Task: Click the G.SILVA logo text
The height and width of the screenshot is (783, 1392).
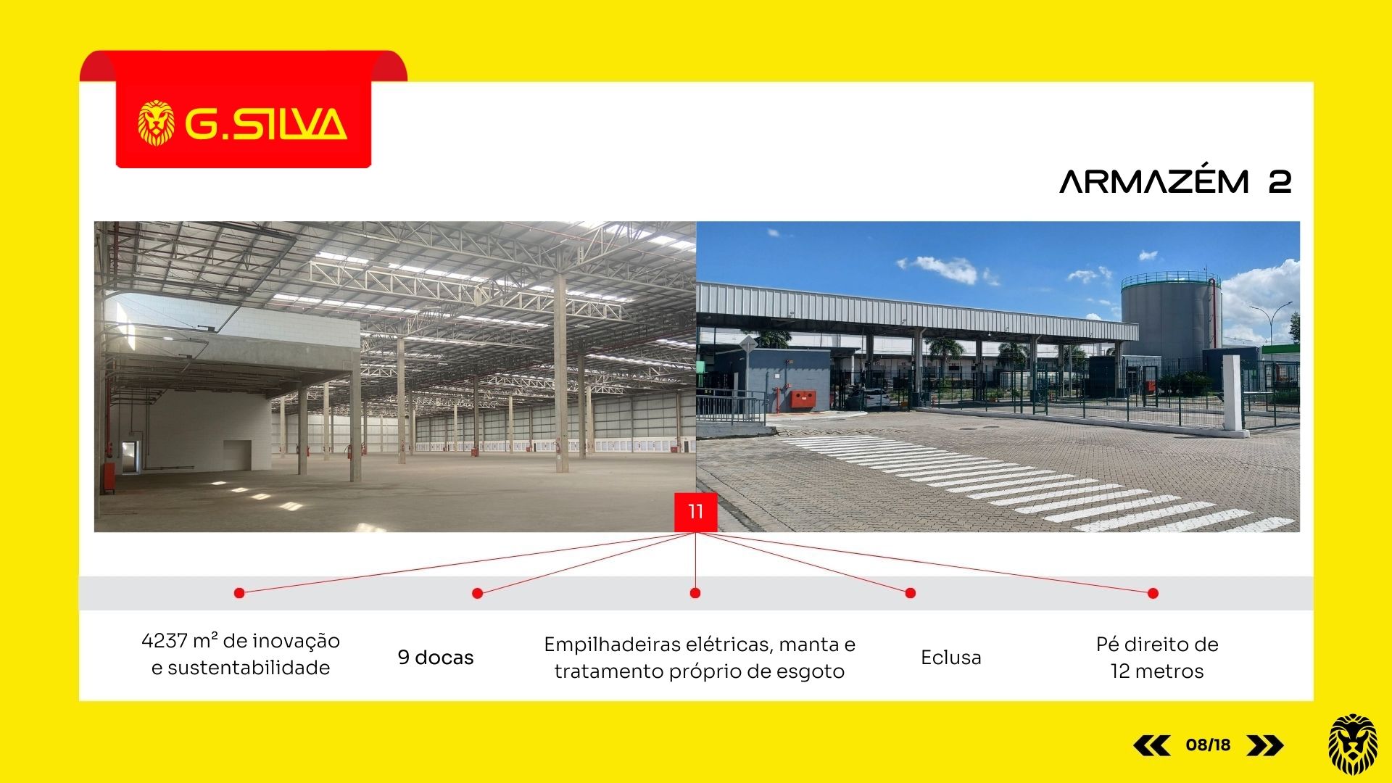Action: point(266,124)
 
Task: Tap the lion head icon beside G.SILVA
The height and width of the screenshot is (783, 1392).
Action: point(157,123)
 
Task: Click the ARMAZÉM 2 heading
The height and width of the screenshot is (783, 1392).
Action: point(1175,181)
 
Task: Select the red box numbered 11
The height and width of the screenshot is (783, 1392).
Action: point(695,512)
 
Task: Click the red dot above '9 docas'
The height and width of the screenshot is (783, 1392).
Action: point(477,593)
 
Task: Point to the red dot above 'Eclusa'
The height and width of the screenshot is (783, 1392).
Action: point(911,593)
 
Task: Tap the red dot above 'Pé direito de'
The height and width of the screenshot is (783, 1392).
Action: point(1153,593)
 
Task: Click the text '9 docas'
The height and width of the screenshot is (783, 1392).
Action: point(436,658)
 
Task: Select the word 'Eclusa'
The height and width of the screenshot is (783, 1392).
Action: point(951,658)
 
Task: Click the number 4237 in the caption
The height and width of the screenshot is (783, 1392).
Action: point(165,641)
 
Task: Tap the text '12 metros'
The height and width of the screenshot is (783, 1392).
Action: point(1157,671)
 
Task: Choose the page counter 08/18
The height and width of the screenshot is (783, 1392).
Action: point(1209,745)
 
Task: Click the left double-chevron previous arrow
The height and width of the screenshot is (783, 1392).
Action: point(1151,745)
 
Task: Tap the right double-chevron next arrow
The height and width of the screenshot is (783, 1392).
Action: point(1265,745)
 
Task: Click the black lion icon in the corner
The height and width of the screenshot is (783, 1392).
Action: point(1353,745)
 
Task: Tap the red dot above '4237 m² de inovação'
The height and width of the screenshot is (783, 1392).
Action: point(239,593)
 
